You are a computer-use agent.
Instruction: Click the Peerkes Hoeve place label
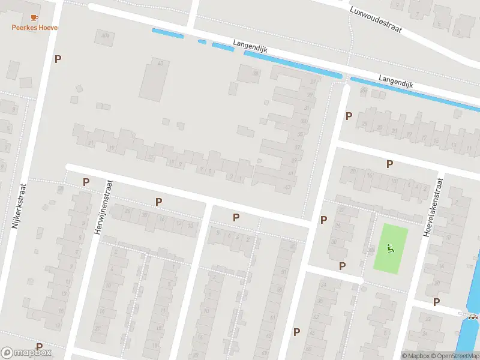click(35, 28)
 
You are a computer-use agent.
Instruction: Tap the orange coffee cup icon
click(34, 17)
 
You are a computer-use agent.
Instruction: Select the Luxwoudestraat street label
click(377, 20)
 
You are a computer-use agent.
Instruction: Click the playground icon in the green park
click(391, 248)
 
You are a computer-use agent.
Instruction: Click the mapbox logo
click(26, 353)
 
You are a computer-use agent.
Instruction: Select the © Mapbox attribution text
click(416, 356)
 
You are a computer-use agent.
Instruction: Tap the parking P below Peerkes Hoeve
click(58, 59)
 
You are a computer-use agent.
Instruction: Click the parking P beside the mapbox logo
click(39, 346)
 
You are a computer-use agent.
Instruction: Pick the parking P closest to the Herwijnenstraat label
click(86, 181)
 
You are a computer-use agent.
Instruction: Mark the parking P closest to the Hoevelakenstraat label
click(389, 163)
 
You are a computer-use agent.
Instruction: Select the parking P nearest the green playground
click(343, 265)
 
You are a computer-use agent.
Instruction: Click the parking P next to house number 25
click(349, 115)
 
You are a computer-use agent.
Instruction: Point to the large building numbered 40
click(154, 79)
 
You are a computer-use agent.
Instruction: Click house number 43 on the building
click(287, 188)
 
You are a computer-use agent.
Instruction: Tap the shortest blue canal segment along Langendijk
click(202, 41)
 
